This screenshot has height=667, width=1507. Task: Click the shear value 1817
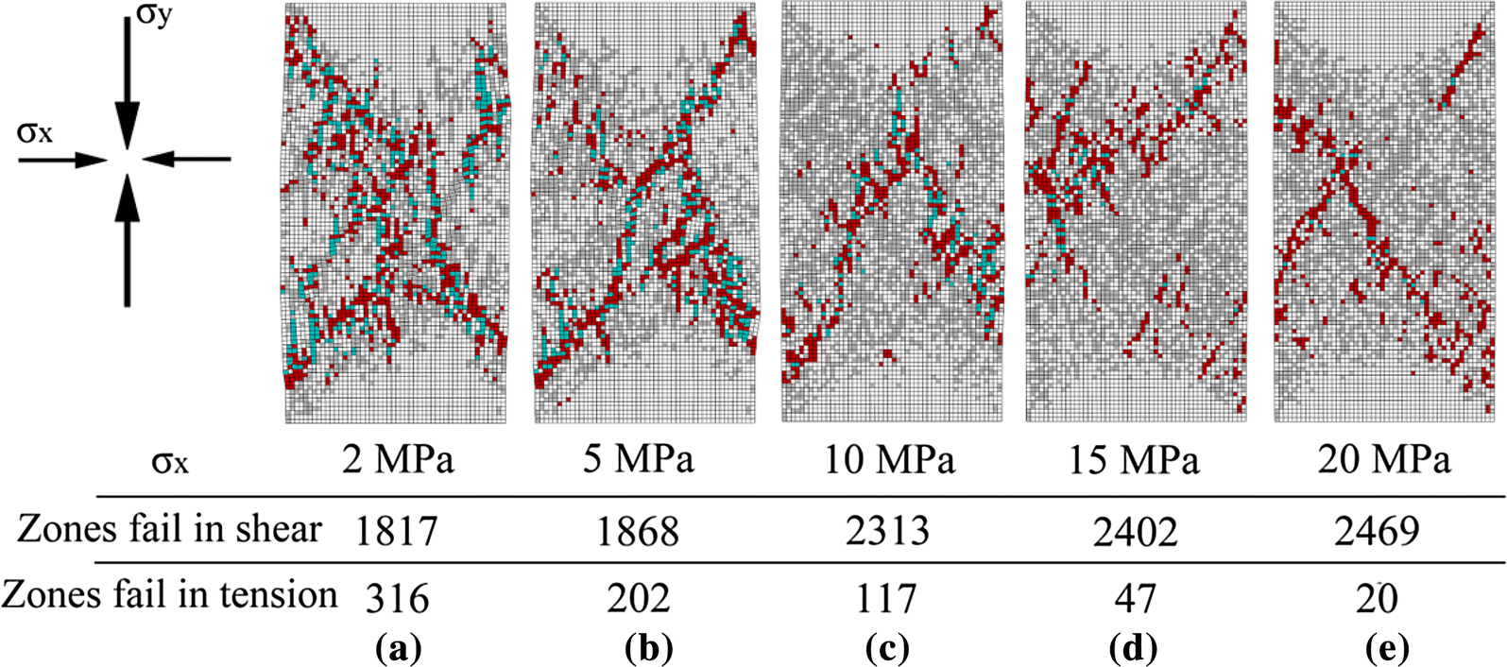[x=397, y=532]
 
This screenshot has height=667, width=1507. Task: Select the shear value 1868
[x=638, y=532]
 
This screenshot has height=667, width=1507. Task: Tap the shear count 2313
[x=888, y=532]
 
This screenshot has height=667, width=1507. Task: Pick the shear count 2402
[x=1137, y=532]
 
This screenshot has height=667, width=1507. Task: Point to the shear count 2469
[x=1379, y=532]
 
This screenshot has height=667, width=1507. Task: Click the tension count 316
[x=398, y=597]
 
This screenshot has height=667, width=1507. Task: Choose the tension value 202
[x=638, y=597]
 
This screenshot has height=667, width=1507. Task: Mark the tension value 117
[x=888, y=597]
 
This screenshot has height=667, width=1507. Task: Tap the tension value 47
[x=1136, y=597]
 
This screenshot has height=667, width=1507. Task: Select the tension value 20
[x=1379, y=597]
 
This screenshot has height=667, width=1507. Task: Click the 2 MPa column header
[x=398, y=460]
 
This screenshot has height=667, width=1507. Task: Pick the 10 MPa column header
[x=890, y=460]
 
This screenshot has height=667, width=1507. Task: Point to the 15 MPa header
[x=1135, y=460]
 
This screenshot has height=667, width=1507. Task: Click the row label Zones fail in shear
[x=169, y=530]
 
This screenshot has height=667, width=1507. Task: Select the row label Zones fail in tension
[x=170, y=595]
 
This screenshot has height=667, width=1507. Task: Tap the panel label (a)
[x=398, y=649]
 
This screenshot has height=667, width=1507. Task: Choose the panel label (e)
[x=1386, y=649]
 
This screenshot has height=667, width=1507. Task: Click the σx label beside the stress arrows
[x=35, y=132]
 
